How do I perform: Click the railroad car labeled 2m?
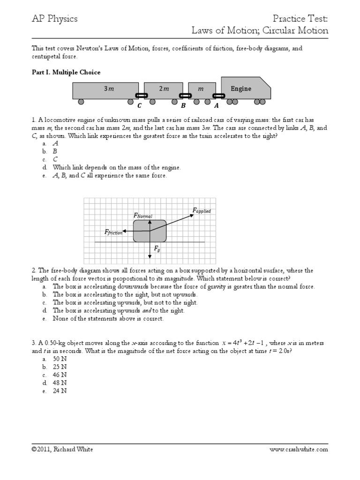point(163,89)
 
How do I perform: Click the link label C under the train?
point(139,106)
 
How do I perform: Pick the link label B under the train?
point(184,106)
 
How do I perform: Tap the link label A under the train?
point(216,106)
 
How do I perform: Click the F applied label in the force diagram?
point(202,211)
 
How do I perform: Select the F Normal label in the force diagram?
point(143,215)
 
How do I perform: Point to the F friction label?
point(113,232)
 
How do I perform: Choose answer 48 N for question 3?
point(60,383)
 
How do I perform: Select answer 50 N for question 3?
point(60,359)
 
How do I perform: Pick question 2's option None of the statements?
point(108,319)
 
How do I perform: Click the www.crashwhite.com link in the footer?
point(299,449)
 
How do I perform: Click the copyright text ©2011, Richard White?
point(62,449)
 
